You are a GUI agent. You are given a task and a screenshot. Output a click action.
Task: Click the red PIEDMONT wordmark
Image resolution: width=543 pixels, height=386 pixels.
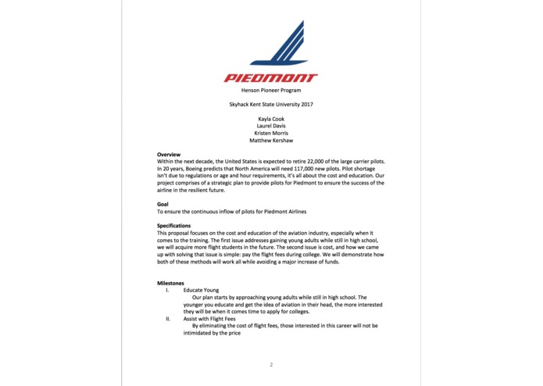(271, 78)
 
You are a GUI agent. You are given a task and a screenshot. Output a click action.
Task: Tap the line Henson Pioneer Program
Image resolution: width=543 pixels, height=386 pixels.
(271, 91)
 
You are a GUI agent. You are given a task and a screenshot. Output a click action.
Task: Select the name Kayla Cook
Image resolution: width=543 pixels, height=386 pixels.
(271, 119)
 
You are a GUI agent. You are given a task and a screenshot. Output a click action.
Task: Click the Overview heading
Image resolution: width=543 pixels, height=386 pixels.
(169, 155)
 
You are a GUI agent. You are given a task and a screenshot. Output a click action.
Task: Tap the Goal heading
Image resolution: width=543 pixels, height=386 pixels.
(163, 204)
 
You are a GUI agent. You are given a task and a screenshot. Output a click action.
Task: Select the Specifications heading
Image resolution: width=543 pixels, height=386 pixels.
(173, 226)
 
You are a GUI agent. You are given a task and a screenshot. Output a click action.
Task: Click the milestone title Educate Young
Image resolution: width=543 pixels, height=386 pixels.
(202, 290)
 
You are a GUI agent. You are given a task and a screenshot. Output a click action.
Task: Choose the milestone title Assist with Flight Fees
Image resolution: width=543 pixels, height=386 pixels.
(213, 319)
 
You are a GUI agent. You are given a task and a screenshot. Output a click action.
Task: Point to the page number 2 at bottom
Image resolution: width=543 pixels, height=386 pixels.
(271, 364)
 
